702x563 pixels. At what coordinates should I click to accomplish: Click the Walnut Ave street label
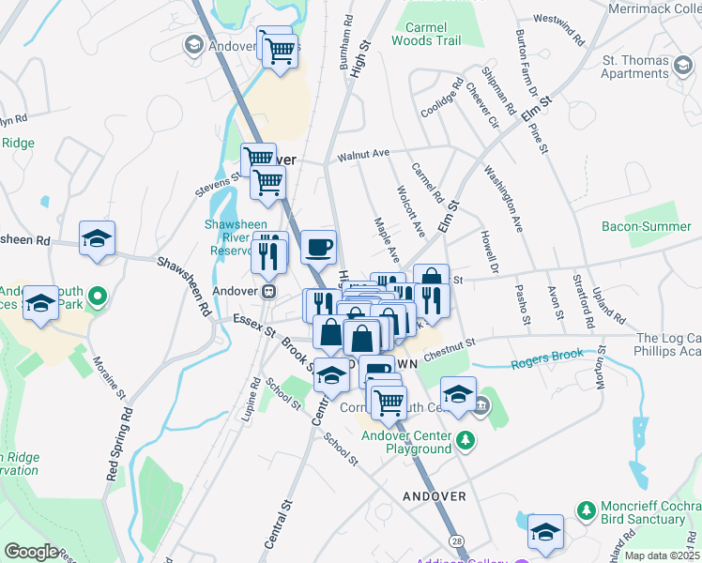[x=363, y=153]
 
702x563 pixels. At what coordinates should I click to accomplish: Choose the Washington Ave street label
[x=504, y=199]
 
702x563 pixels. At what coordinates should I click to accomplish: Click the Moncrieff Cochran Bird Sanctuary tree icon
[x=586, y=510]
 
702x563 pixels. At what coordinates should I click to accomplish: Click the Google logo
[x=31, y=552]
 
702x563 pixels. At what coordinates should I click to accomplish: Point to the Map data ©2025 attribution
[x=662, y=555]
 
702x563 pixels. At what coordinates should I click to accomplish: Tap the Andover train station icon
[x=268, y=291]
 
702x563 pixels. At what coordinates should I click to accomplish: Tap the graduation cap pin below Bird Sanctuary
[x=545, y=530]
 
